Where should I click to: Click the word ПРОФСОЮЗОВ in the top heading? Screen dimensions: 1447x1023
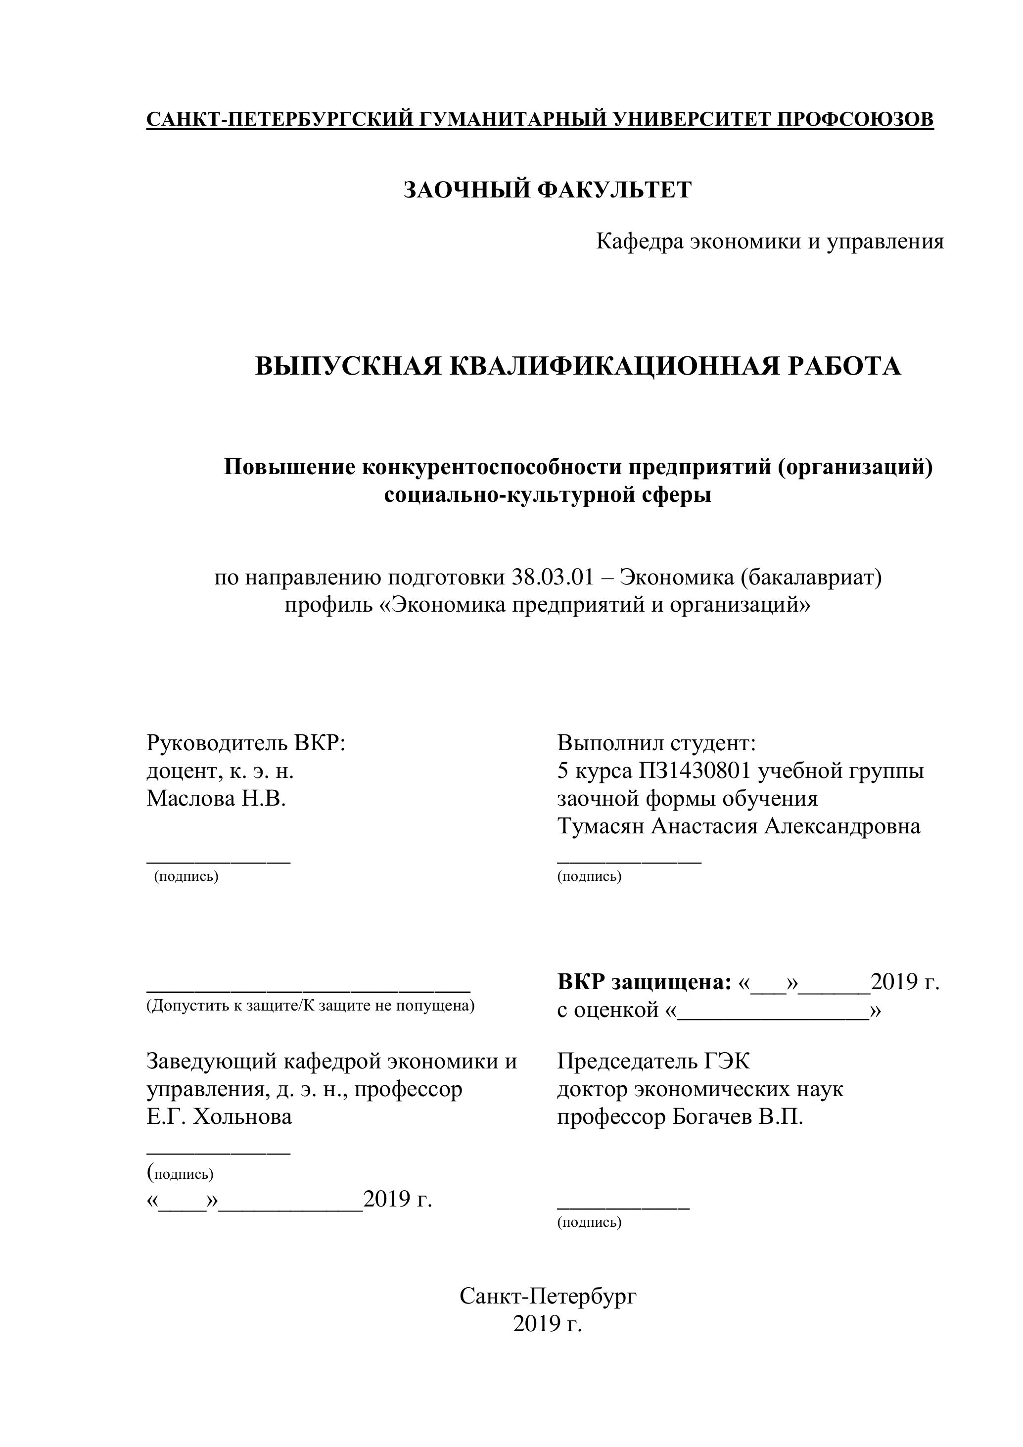pos(855,119)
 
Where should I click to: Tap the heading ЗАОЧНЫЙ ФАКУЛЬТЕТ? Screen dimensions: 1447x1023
pos(548,190)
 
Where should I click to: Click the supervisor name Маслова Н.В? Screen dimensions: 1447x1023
pos(216,799)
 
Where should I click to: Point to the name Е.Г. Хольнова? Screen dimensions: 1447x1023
pos(219,1117)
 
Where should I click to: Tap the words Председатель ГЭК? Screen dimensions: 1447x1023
pos(653,1062)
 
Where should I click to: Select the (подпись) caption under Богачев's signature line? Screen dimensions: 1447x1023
pos(589,1223)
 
